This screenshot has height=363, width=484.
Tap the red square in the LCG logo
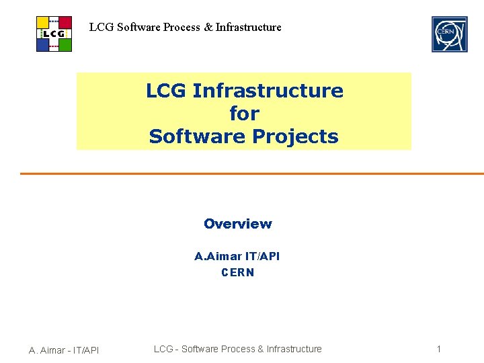point(65,22)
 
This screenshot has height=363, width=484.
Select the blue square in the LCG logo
point(43,45)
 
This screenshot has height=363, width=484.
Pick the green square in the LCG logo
point(65,45)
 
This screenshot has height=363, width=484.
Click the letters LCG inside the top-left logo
point(54,34)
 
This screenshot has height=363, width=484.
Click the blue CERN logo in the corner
point(449,34)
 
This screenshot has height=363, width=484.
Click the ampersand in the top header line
point(208,28)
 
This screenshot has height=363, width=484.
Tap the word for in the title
point(243,114)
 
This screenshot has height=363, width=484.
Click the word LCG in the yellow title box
point(166,91)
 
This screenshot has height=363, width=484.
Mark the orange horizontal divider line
point(251,173)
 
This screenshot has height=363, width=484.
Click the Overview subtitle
point(238,224)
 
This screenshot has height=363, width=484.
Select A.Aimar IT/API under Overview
point(237,256)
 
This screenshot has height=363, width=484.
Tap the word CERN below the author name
point(238,272)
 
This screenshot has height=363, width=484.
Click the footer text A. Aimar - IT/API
point(64,350)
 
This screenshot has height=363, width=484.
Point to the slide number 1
point(438,349)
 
